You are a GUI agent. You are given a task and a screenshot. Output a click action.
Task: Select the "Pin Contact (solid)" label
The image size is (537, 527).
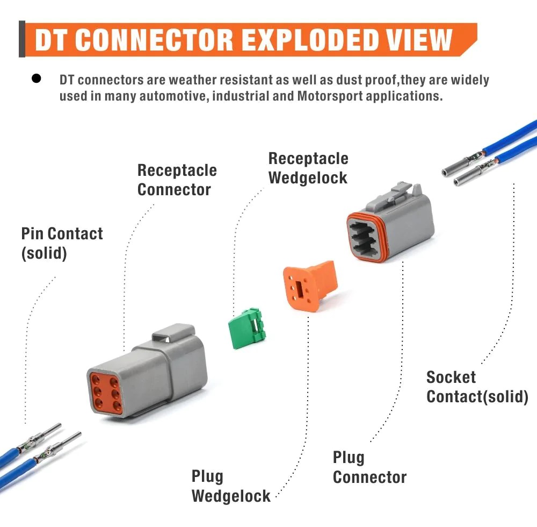[x=62, y=243]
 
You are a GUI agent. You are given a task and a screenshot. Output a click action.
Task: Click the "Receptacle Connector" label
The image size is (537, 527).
[x=177, y=180]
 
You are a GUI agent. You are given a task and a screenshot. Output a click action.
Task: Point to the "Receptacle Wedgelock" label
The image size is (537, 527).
[x=308, y=168]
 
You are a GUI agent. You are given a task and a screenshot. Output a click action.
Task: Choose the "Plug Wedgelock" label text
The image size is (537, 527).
[x=231, y=486]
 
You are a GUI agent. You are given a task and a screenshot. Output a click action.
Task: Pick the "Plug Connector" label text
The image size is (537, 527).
[x=369, y=467]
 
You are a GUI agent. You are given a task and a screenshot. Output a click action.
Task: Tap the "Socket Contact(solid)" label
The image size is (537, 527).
[x=477, y=387]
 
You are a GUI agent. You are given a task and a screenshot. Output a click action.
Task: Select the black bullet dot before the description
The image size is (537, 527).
[x=37, y=79]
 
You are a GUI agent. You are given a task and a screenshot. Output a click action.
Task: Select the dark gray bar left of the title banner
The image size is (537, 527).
[x=21, y=39]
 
